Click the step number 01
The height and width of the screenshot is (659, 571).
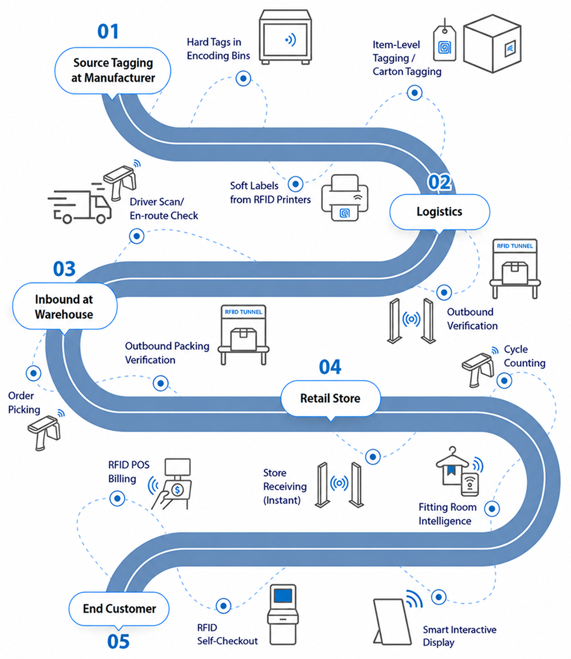coord(108,31)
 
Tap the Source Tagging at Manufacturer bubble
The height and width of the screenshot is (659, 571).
coord(113,71)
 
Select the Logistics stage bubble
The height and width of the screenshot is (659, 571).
coord(439,212)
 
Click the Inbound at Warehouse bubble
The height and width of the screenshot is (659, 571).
coord(65,306)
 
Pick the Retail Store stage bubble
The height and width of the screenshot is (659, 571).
coord(331,398)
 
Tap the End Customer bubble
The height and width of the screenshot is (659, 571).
coord(119,609)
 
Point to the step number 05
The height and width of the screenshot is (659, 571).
coord(118,641)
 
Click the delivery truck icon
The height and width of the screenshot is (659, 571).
coord(80,206)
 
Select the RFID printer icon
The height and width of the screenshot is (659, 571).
coord(345,197)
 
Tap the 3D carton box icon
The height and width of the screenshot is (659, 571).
coord(492,44)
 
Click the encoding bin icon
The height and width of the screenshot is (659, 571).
coord(285,37)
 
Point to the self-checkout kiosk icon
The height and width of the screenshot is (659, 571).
coord(283,615)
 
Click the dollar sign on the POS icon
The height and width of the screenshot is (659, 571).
coord(177,490)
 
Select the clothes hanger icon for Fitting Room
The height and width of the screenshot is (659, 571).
coord(452,458)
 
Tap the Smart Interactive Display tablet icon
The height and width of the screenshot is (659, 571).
coord(392,622)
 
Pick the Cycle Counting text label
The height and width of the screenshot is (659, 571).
coord(524,356)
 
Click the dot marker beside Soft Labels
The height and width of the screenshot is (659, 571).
coord(296,184)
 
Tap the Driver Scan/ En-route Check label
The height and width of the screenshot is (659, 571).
coord(164,209)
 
